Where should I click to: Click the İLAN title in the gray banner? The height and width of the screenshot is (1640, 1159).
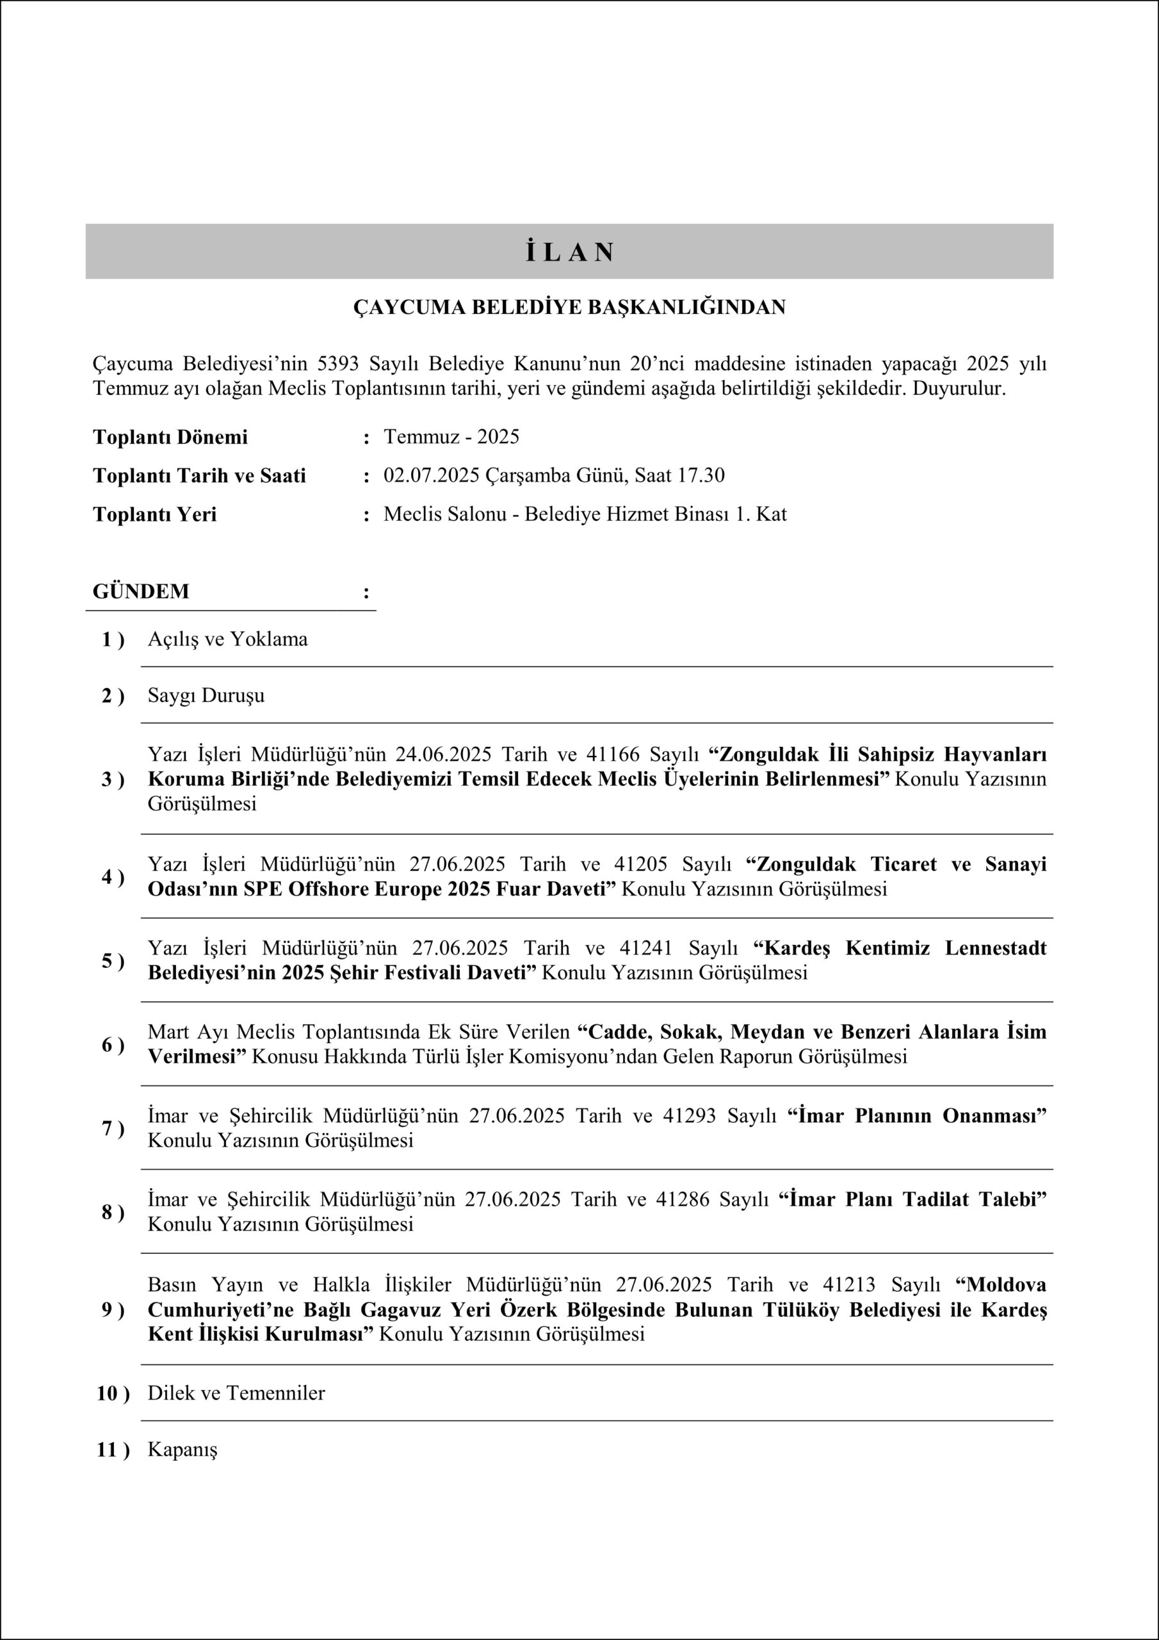tap(570, 252)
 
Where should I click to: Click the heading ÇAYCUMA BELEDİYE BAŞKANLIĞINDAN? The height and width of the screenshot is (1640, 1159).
tap(569, 307)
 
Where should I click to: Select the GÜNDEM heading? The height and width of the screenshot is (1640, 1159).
tap(141, 591)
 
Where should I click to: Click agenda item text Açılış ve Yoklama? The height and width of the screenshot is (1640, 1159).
tap(227, 639)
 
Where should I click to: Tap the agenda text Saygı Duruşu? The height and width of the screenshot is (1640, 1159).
tap(206, 695)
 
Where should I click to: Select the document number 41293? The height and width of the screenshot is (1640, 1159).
tap(689, 1116)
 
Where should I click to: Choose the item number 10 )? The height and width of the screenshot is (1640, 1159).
tap(113, 1393)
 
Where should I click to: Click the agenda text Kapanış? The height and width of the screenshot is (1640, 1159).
tap(182, 1449)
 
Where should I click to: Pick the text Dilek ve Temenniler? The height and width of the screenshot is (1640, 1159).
tap(236, 1393)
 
